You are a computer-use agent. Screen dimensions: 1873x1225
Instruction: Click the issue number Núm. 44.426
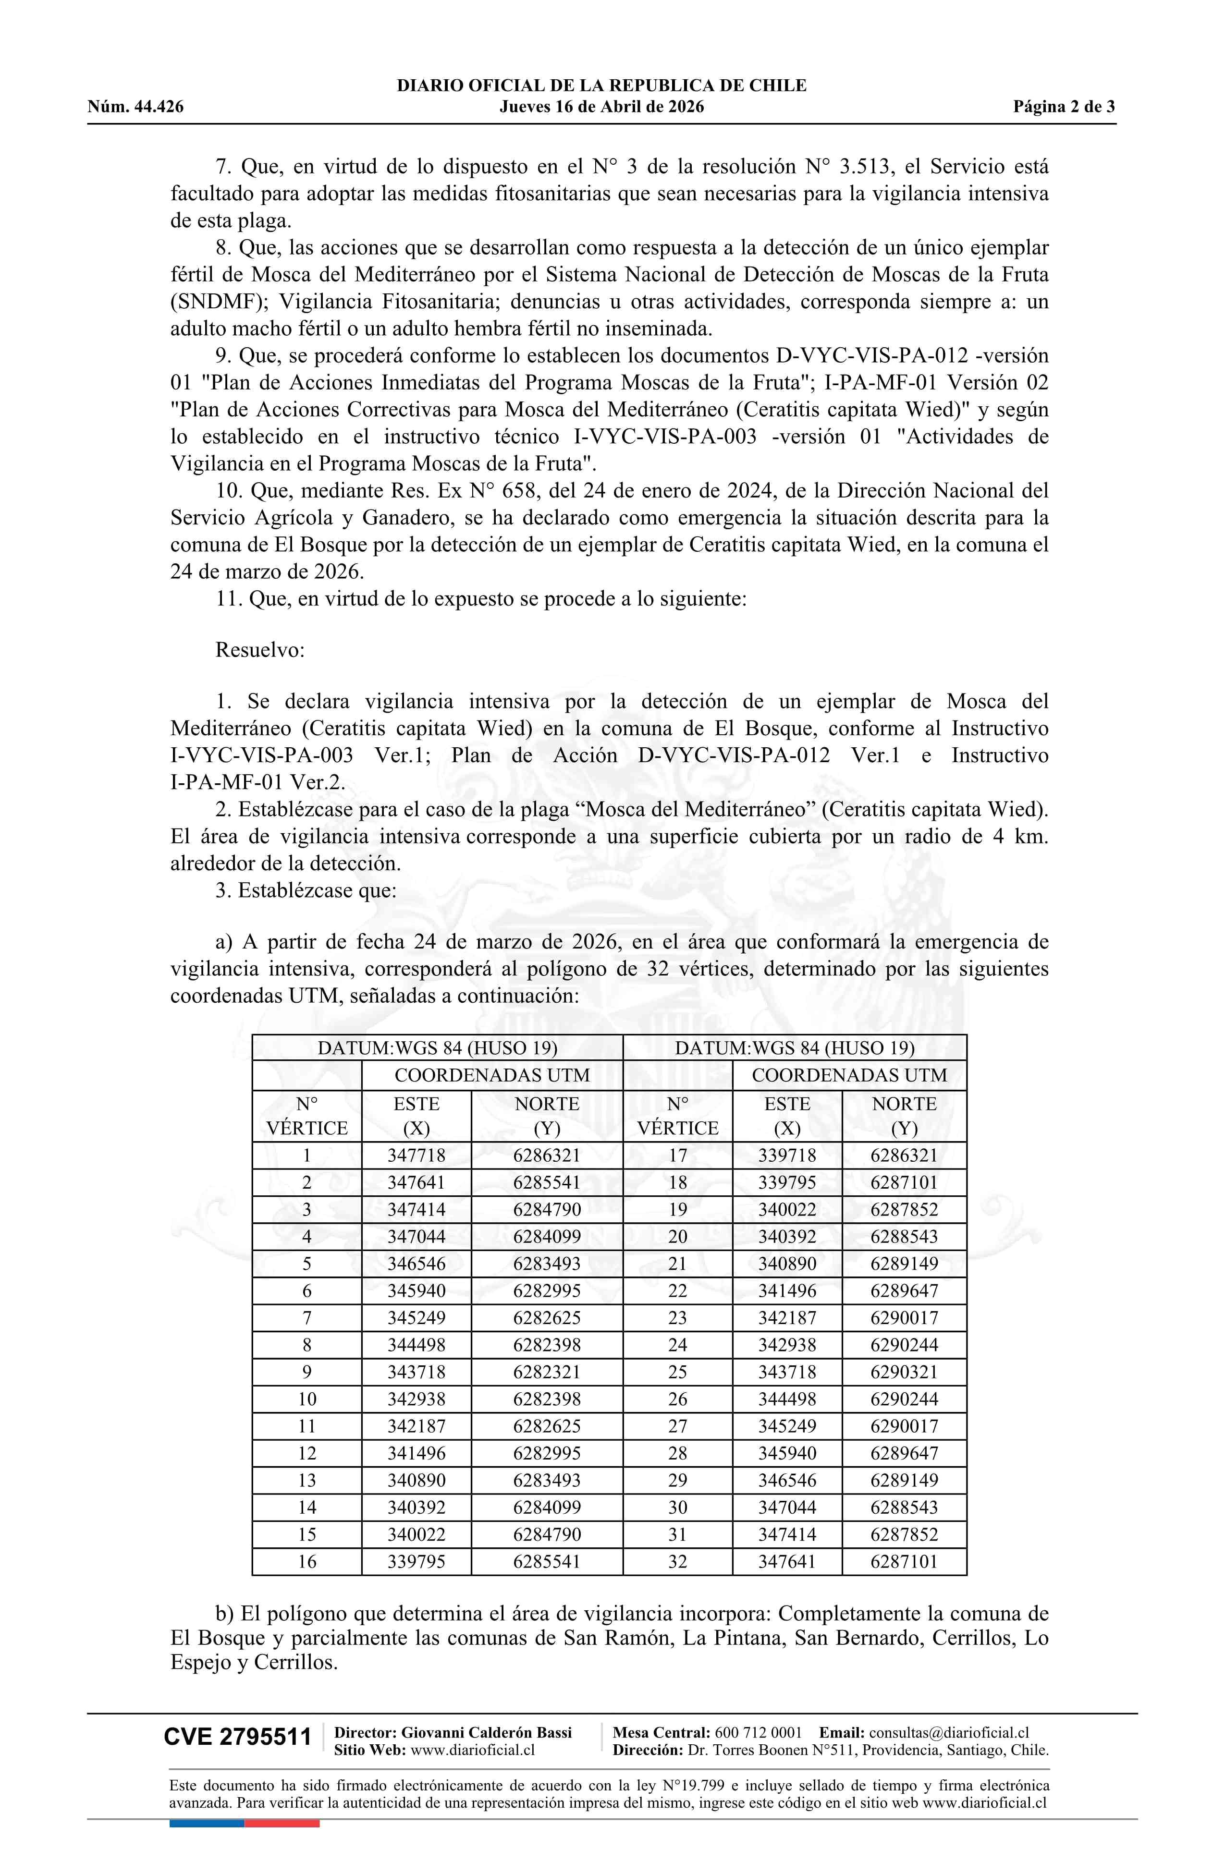(135, 107)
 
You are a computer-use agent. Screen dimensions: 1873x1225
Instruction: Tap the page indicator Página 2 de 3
(1064, 107)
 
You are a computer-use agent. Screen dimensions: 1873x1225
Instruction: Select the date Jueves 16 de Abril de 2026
(601, 107)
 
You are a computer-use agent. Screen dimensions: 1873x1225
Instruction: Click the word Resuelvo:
(260, 650)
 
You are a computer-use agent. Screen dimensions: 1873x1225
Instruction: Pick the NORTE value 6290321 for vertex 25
(904, 1372)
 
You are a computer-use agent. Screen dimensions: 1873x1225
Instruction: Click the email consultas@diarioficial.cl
(949, 1732)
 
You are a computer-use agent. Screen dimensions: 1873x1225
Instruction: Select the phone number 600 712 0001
(758, 1732)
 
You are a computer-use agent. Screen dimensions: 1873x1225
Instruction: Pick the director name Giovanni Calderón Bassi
(487, 1732)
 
